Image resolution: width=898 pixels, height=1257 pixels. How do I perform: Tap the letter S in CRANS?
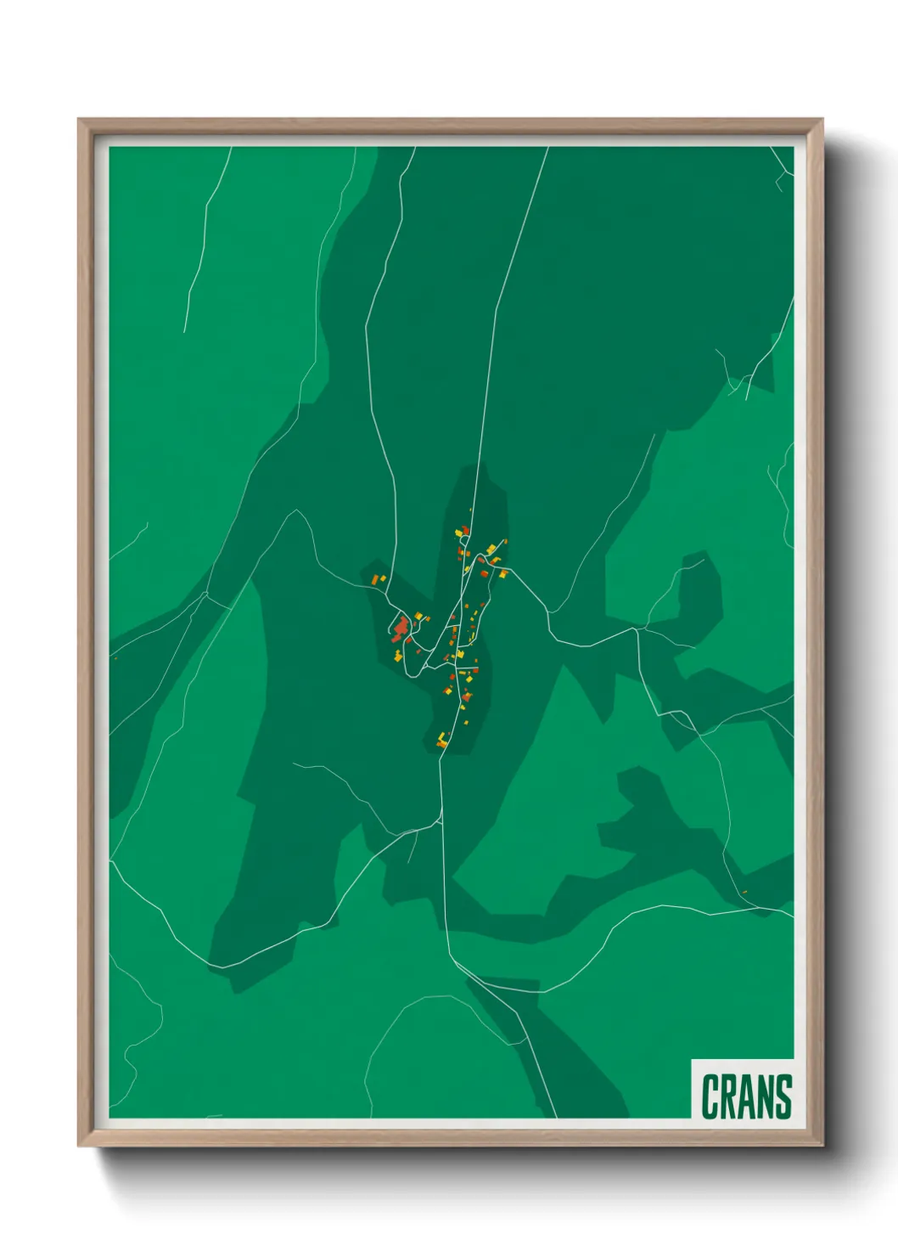pos(783,1096)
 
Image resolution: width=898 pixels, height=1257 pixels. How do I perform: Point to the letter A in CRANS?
pos(747,1096)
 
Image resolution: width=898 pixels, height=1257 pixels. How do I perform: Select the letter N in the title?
pos(765,1096)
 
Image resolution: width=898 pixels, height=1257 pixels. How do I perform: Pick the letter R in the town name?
pos(728,1096)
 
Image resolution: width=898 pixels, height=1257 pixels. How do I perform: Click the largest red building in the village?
pos(400,628)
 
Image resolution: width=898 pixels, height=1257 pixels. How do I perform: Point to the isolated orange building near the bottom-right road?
pos(744,891)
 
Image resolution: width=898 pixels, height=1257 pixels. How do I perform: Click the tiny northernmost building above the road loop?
pos(470,510)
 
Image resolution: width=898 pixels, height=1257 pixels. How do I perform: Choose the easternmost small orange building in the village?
pos(506,541)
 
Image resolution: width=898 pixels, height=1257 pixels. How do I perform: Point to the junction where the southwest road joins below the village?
pos(441,820)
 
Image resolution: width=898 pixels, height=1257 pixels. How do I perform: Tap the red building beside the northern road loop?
pos(465,530)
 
